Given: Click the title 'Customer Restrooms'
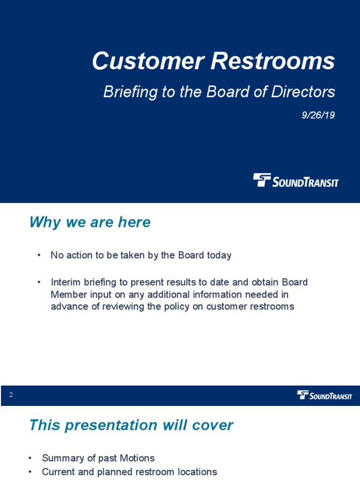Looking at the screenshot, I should (x=213, y=61).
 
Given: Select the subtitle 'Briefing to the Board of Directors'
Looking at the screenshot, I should (x=219, y=92).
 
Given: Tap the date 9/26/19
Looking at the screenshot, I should (x=318, y=115).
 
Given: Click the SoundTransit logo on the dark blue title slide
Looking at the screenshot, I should (x=296, y=180).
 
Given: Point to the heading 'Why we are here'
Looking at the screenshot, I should (x=90, y=222).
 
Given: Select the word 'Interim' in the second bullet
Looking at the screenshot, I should (x=66, y=283).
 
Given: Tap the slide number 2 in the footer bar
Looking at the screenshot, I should (x=11, y=395).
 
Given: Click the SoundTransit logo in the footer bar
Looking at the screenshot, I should (x=324, y=396).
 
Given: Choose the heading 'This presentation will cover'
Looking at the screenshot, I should (x=131, y=425).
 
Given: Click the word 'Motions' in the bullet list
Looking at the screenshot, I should (x=137, y=458).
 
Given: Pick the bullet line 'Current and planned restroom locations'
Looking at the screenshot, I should (x=129, y=472).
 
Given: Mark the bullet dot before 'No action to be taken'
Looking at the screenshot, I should (x=39, y=255).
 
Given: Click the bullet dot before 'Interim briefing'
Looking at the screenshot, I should (x=39, y=283).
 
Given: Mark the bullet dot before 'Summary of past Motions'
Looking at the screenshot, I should (x=30, y=458).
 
